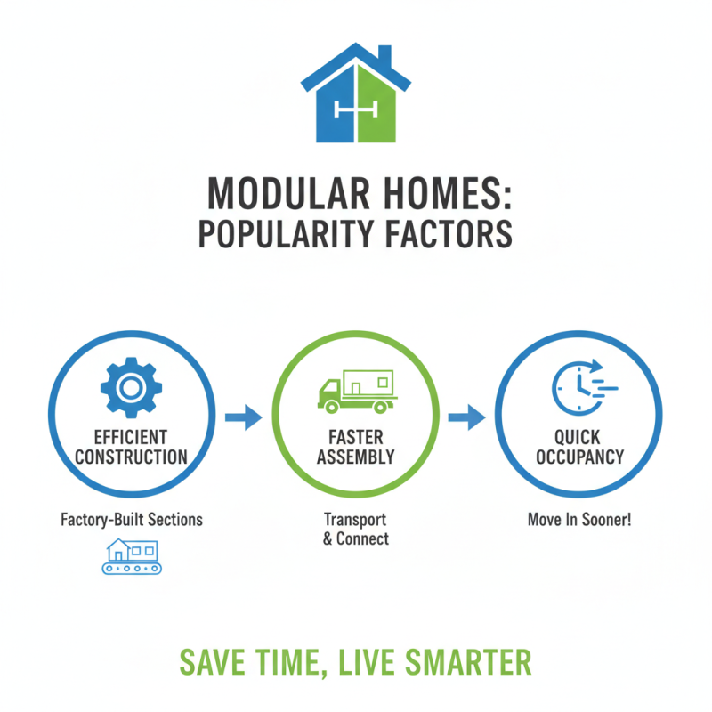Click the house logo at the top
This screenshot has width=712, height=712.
356,95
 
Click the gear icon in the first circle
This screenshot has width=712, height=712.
131,385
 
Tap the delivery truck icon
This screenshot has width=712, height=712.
355,388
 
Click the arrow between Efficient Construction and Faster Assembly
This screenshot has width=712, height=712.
242,416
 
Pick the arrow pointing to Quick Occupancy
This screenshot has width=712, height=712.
465,416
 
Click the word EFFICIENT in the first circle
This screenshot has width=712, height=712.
131,437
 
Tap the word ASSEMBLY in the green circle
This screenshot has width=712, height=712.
356,457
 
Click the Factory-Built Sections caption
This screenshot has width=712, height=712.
131,519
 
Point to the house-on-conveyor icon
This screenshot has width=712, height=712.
131,555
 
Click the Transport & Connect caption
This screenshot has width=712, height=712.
356,529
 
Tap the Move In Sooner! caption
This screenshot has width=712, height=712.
579,519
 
